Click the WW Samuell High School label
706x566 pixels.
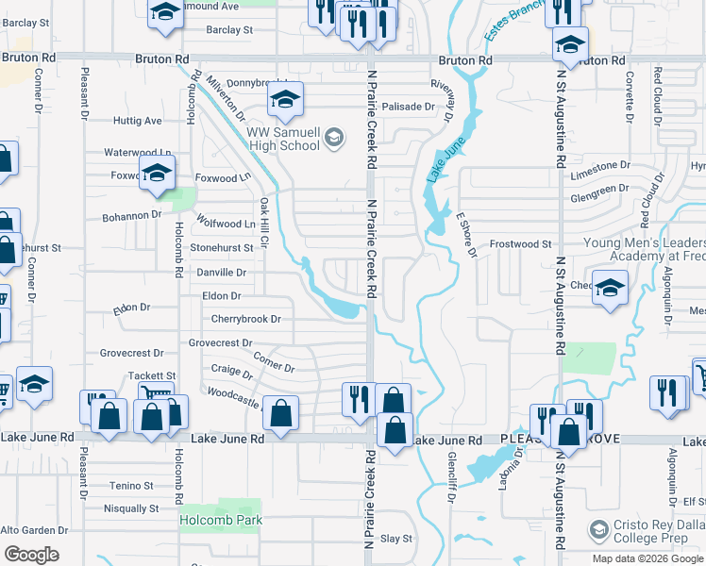click(x=282, y=140)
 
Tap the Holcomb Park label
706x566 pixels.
click(x=221, y=520)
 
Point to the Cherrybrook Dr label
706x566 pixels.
click(x=245, y=319)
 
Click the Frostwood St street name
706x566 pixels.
click(x=520, y=244)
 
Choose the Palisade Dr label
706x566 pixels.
click(x=408, y=107)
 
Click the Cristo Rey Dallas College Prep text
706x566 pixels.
click(x=651, y=534)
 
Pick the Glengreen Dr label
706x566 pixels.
click(x=599, y=189)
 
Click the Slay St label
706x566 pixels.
click(x=395, y=539)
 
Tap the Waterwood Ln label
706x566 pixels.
click(x=138, y=153)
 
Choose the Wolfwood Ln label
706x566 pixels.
click(x=226, y=223)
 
